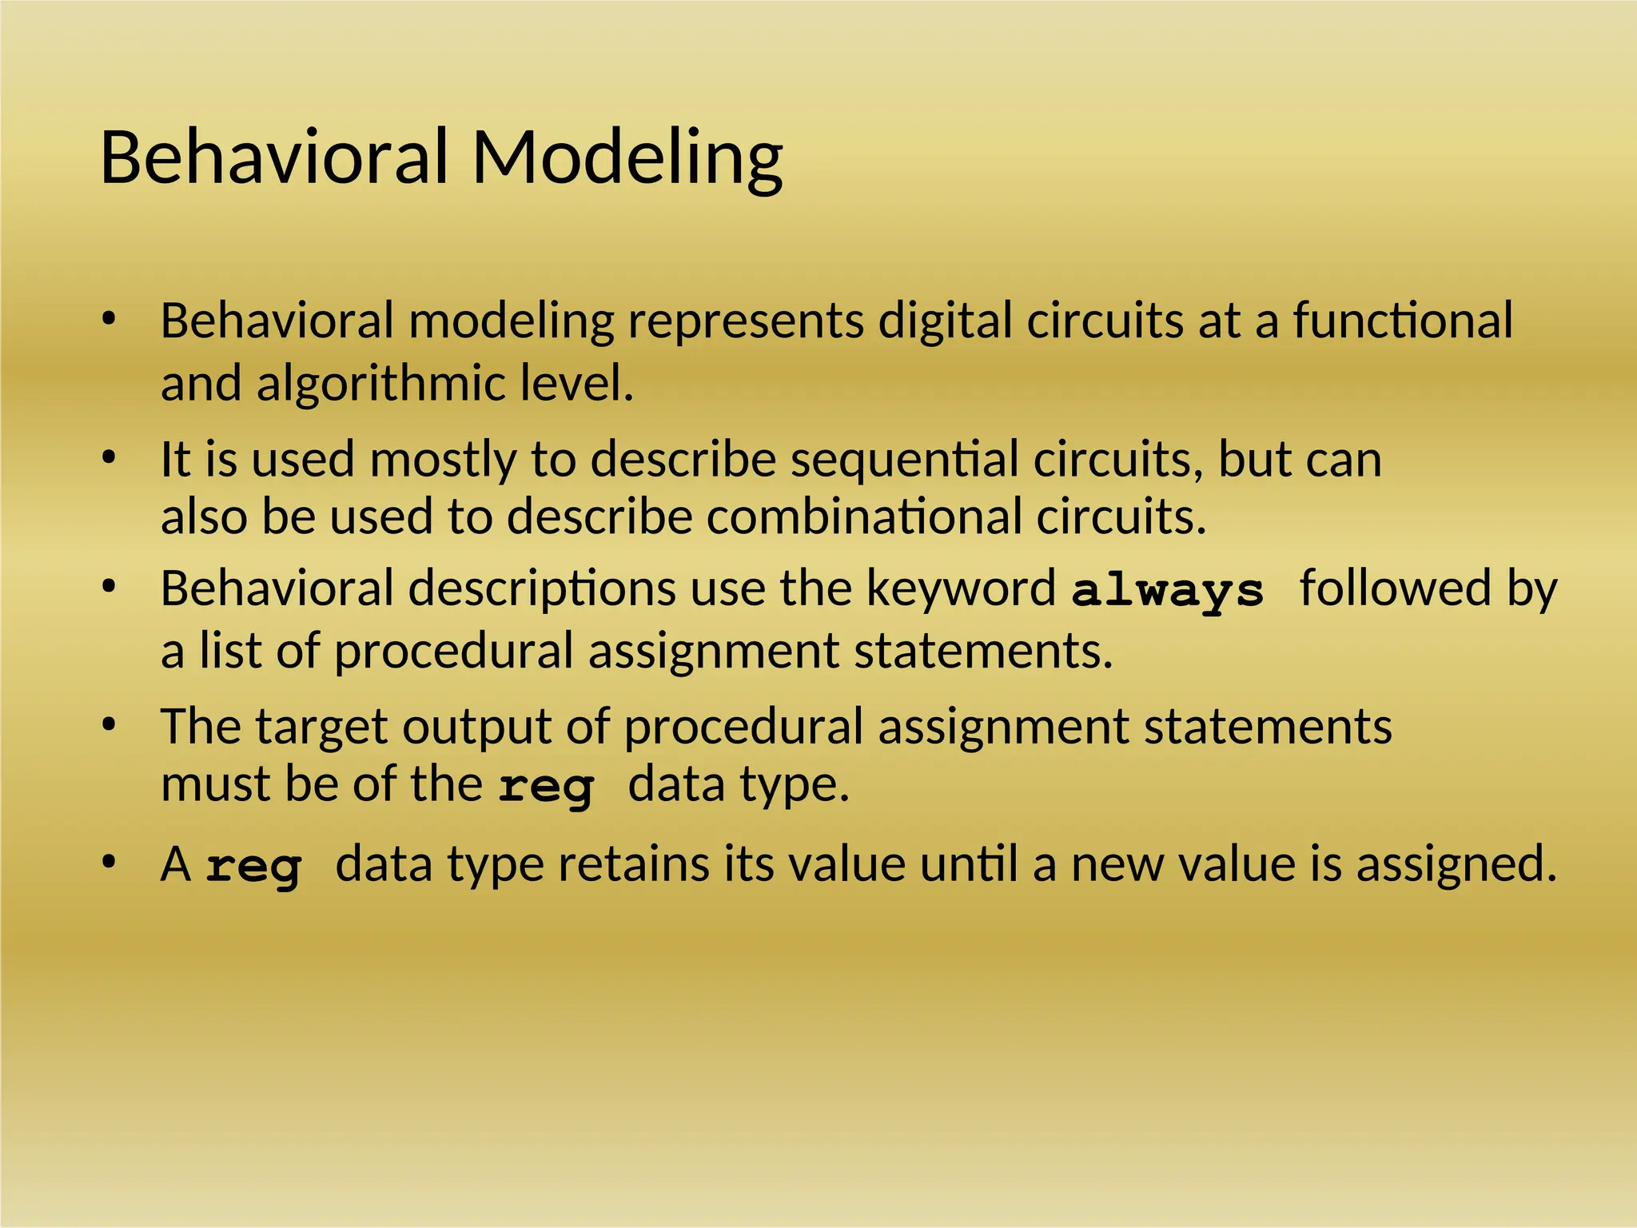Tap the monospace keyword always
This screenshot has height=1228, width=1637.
[1167, 591]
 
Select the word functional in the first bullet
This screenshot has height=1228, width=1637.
[1403, 321]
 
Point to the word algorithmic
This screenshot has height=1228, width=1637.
[381, 384]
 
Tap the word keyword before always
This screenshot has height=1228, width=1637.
[961, 589]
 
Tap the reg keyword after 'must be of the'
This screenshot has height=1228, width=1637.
[546, 787]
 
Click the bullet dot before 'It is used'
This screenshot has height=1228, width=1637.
[110, 458]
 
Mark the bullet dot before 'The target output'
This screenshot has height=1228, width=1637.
[110, 725]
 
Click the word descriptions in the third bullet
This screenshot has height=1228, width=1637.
[542, 589]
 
